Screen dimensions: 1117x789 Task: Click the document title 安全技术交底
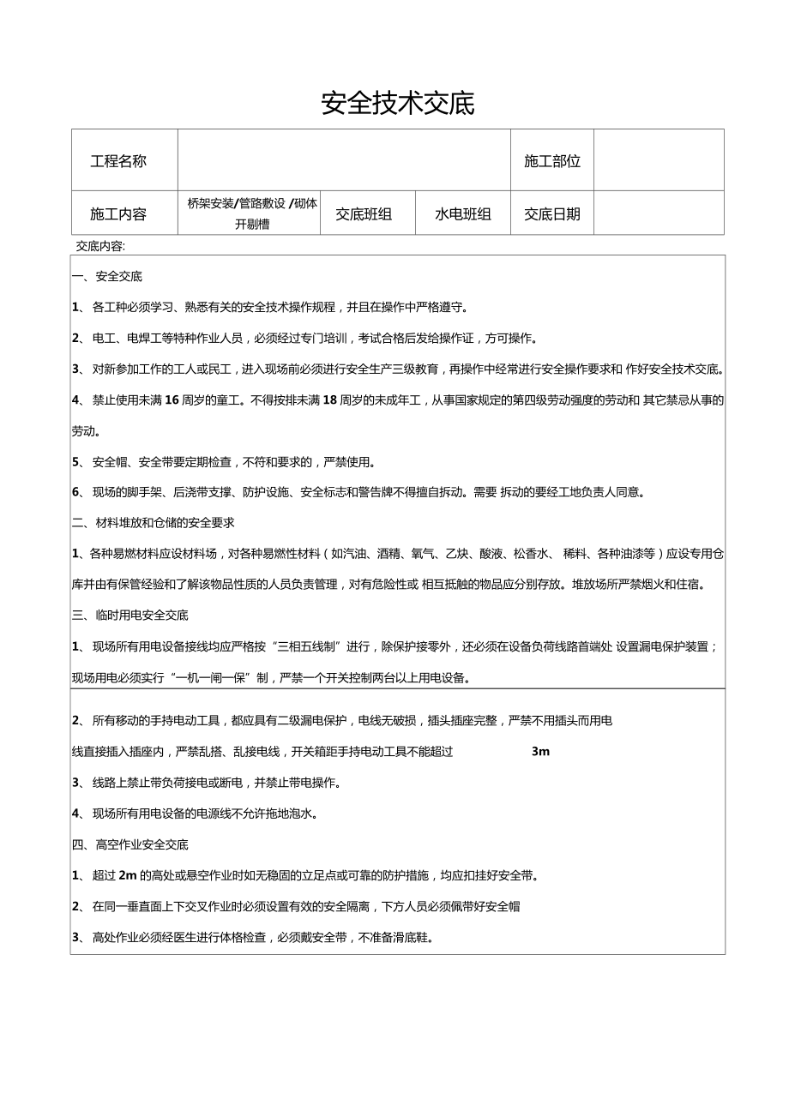pos(398,104)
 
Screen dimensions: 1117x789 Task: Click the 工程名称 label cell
pos(118,160)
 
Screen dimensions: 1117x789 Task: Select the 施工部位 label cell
pos(552,160)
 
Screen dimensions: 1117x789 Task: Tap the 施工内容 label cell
pos(118,213)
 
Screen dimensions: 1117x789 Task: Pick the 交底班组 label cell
pos(364,213)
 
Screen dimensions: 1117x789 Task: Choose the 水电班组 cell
pos(463,213)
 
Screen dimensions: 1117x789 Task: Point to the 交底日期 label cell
pos(552,213)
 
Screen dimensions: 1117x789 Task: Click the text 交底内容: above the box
pos(100,246)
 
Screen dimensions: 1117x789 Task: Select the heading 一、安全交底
pos(107,277)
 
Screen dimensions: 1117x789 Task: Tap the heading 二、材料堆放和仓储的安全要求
pos(153,522)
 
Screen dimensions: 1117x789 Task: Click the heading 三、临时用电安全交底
pos(129,615)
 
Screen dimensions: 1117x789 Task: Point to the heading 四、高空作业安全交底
pos(129,844)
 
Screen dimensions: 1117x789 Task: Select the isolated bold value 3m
pos(540,752)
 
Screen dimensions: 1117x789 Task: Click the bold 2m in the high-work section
pos(127,875)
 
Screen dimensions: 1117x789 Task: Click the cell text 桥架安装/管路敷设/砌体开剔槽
pos(252,213)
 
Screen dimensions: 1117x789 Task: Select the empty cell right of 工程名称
pos(344,160)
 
